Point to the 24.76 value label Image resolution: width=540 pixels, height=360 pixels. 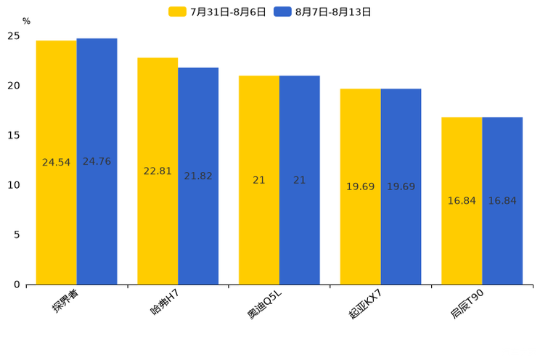(97, 162)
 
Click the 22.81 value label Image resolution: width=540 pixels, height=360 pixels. (157, 171)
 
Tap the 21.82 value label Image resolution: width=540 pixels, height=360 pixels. (198, 176)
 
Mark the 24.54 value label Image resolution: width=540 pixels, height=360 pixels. (56, 163)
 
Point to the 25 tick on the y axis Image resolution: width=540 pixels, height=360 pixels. (14, 36)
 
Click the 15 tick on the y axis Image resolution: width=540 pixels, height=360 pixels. (14, 135)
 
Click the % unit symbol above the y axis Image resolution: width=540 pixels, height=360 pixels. (26, 21)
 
